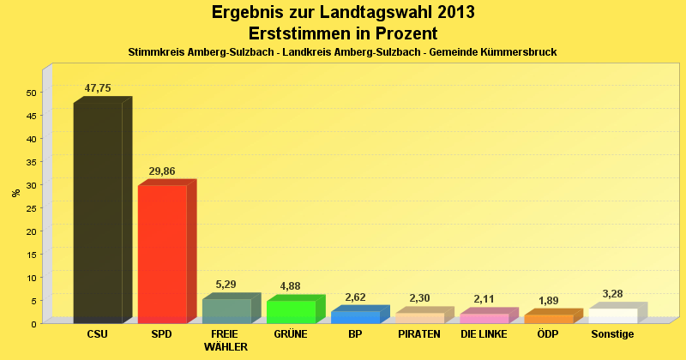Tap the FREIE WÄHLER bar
pyautogui.click(x=226, y=311)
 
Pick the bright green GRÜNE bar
pyautogui.click(x=291, y=312)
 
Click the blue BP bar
pyautogui.click(x=355, y=317)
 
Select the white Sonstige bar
pyautogui.click(x=612, y=315)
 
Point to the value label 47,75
pyautogui.click(x=98, y=88)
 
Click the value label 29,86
pyautogui.click(x=162, y=171)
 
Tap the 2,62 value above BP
pyautogui.click(x=355, y=297)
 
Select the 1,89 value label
pyautogui.click(x=548, y=301)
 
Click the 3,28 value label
pyautogui.click(x=612, y=294)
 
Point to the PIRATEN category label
pyautogui.click(x=419, y=334)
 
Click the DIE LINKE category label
pyautogui.click(x=484, y=334)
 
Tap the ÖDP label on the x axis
pyautogui.click(x=548, y=334)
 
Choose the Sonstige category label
pyautogui.click(x=612, y=334)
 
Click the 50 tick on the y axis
pyautogui.click(x=31, y=93)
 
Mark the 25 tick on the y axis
pyautogui.click(x=31, y=208)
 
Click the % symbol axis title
pyautogui.click(x=15, y=193)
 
